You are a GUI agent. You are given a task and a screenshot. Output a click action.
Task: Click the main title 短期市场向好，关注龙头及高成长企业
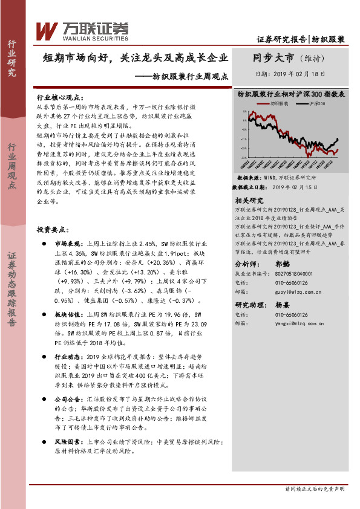(x=136, y=59)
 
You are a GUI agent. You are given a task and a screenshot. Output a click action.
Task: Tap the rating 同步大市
(x=273, y=58)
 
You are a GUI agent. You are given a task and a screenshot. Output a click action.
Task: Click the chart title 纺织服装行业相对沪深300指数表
(x=291, y=95)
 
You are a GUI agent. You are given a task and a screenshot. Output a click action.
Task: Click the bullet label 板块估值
(x=68, y=315)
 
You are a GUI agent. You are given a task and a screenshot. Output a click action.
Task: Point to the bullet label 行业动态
(x=68, y=357)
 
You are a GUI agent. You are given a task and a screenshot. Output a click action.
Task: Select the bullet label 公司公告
(x=68, y=400)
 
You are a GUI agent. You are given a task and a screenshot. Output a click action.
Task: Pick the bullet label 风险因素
(x=68, y=442)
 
